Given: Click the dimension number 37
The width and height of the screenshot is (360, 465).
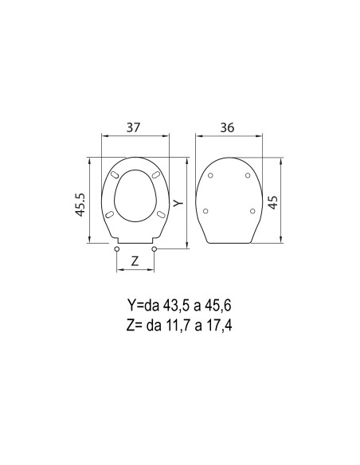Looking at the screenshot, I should pyautogui.click(x=135, y=126).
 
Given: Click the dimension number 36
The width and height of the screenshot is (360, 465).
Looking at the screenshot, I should pyautogui.click(x=228, y=126).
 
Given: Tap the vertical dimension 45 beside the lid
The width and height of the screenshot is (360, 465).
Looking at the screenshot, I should pyautogui.click(x=274, y=200).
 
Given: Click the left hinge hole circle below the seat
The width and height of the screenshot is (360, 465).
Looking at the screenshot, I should pyautogui.click(x=117, y=249).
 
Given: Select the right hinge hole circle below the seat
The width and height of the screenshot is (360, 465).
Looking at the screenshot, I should pyautogui.click(x=154, y=249).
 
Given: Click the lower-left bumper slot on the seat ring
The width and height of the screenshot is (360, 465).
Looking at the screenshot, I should pyautogui.click(x=109, y=213).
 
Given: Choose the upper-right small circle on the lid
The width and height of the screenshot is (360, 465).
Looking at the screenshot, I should pyautogui.click(x=248, y=176).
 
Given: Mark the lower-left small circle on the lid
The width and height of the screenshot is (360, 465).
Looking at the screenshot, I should pyautogui.click(x=206, y=211).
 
